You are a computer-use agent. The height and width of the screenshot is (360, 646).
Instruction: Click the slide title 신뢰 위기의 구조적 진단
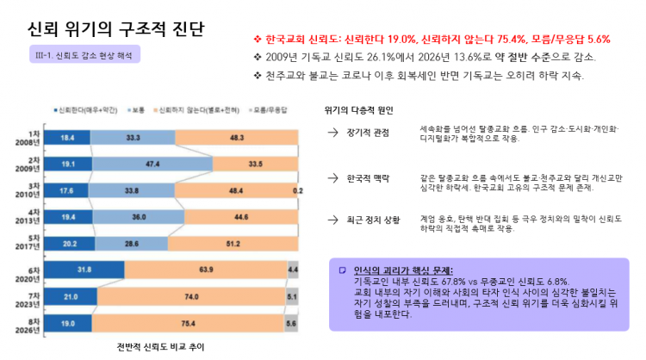[x=116, y=29]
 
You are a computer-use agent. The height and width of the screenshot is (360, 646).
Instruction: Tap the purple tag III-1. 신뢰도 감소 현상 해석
[x=84, y=53]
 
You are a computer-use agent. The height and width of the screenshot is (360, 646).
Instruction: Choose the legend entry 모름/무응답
[x=272, y=110]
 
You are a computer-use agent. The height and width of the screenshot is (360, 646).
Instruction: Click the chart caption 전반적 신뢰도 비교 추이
[x=159, y=347]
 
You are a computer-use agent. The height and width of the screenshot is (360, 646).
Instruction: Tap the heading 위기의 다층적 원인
[x=358, y=110]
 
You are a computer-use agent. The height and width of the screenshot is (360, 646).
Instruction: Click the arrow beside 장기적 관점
[x=332, y=133]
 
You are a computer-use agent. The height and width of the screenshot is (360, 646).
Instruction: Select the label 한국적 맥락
[x=368, y=178]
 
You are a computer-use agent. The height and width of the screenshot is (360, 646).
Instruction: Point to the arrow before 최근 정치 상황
[x=332, y=221]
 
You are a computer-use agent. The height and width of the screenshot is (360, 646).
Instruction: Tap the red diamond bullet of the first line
[x=256, y=40]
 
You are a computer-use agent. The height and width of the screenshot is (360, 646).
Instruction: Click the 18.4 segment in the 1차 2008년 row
[x=67, y=137]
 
